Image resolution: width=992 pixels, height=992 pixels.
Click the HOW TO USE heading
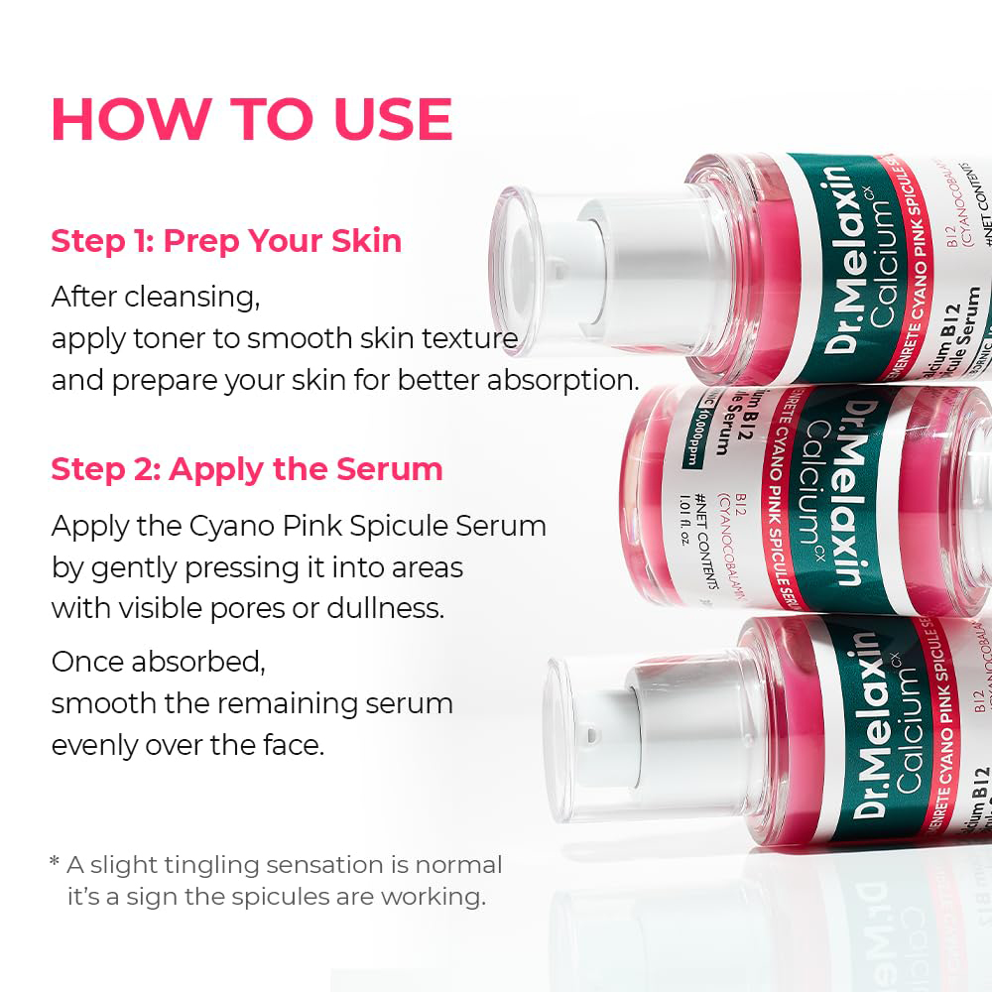click(x=252, y=119)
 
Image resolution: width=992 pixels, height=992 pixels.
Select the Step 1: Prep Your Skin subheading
click(x=226, y=241)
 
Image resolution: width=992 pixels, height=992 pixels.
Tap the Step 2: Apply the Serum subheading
click(x=247, y=469)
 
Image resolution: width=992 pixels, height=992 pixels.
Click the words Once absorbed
click(x=159, y=662)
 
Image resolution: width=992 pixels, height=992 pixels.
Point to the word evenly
click(x=95, y=745)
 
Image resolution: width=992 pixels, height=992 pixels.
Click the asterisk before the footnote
click(x=55, y=862)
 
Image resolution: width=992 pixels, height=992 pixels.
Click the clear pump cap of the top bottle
click(x=541, y=268)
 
